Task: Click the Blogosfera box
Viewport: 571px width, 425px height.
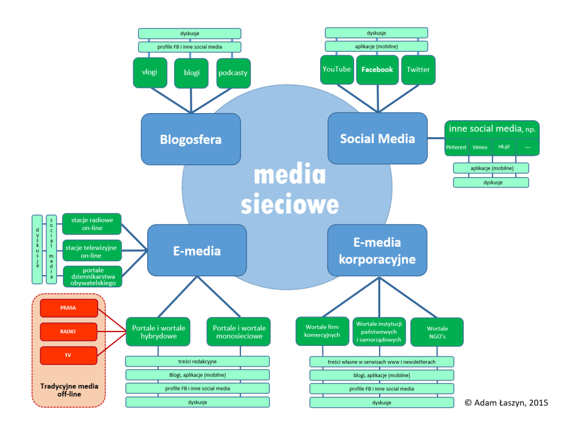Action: coord(191,139)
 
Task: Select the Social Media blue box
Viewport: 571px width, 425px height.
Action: coord(378,139)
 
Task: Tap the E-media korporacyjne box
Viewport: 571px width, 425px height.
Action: coord(378,250)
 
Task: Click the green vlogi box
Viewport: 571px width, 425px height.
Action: coord(150,72)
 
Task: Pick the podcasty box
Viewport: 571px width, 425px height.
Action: coord(233,72)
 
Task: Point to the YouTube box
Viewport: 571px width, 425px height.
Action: coord(337,69)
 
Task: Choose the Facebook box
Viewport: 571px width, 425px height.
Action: coord(378,70)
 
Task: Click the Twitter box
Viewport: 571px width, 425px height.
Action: coord(418,70)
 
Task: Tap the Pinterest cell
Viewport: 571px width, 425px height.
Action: coord(456,147)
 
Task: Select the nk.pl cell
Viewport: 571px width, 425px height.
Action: coord(504,147)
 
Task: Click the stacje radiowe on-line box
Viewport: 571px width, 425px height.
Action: coord(91,224)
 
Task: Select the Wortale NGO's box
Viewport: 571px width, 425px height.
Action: coord(437,332)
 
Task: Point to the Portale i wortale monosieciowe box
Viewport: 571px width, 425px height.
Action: coord(239,332)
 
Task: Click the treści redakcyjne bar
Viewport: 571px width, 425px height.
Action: coord(197,362)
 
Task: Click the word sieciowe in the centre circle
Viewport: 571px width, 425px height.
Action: coord(289,204)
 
